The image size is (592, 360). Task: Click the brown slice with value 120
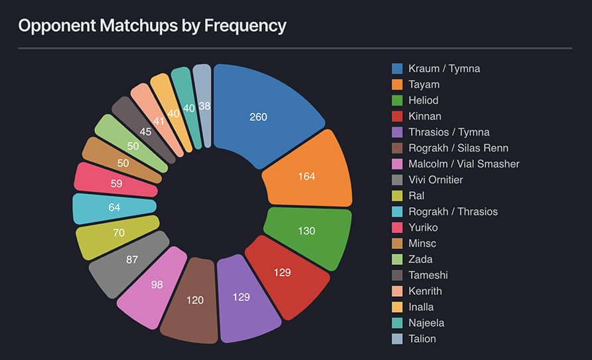[194, 300]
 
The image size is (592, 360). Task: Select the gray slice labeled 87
[131, 260]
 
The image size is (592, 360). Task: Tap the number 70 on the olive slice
[119, 233]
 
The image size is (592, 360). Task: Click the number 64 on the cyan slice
[113, 207]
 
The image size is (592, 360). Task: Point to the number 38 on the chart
[205, 106]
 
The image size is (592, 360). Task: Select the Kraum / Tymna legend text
[444, 68]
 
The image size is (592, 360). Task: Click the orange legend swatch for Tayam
[398, 84]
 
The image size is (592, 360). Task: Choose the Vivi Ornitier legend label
[435, 180]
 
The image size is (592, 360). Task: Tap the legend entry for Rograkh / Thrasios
[453, 212]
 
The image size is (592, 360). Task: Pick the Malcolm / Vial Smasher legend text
[464, 164]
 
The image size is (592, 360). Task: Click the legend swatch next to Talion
[398, 339]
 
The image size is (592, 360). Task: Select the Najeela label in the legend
[426, 323]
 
